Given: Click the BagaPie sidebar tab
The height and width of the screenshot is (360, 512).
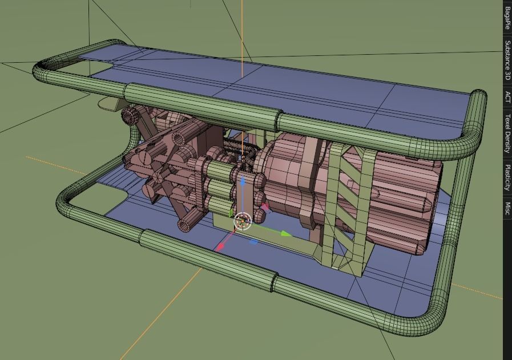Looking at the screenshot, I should coord(507,18).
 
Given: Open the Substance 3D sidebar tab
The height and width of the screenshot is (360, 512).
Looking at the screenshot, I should coord(507,60).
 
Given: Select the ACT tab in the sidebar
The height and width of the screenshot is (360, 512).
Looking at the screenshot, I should coord(507,98).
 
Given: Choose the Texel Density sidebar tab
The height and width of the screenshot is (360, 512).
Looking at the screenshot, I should coord(507,134).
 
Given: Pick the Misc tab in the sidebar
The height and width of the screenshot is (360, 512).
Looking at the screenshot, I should coord(507,209).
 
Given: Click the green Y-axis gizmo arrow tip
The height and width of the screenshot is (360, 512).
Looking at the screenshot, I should coord(286,233).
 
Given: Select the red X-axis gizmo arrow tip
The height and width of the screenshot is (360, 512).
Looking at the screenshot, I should coord(220,246).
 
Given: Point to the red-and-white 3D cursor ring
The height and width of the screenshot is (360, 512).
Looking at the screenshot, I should coord(243,222).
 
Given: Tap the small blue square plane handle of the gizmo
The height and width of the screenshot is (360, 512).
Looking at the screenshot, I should coord(254,242).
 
